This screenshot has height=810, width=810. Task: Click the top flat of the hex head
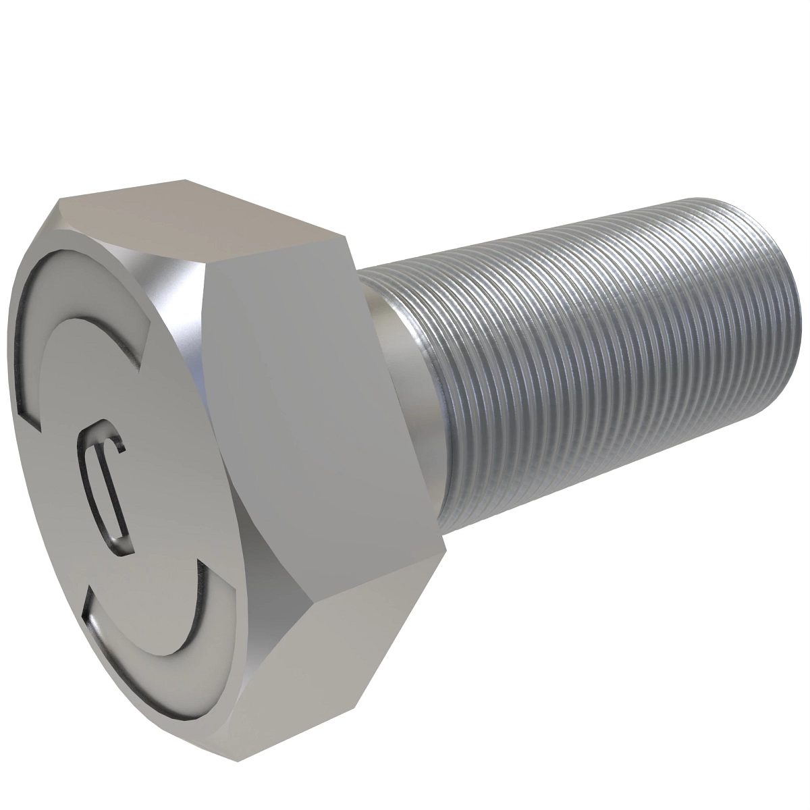pos(202,216)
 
